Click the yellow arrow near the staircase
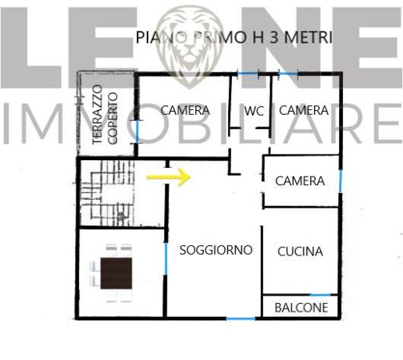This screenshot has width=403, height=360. [x=169, y=177]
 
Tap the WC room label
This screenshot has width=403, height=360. [x=253, y=112]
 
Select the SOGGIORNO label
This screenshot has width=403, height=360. [x=216, y=251]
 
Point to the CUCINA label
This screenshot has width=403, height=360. [x=301, y=251]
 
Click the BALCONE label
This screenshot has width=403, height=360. [x=301, y=308]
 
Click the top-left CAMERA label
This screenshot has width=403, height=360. [x=185, y=111]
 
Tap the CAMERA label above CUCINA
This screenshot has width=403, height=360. [x=300, y=181]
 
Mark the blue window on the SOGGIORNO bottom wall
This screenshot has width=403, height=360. [x=241, y=319]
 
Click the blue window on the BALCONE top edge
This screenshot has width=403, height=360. [x=324, y=295]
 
